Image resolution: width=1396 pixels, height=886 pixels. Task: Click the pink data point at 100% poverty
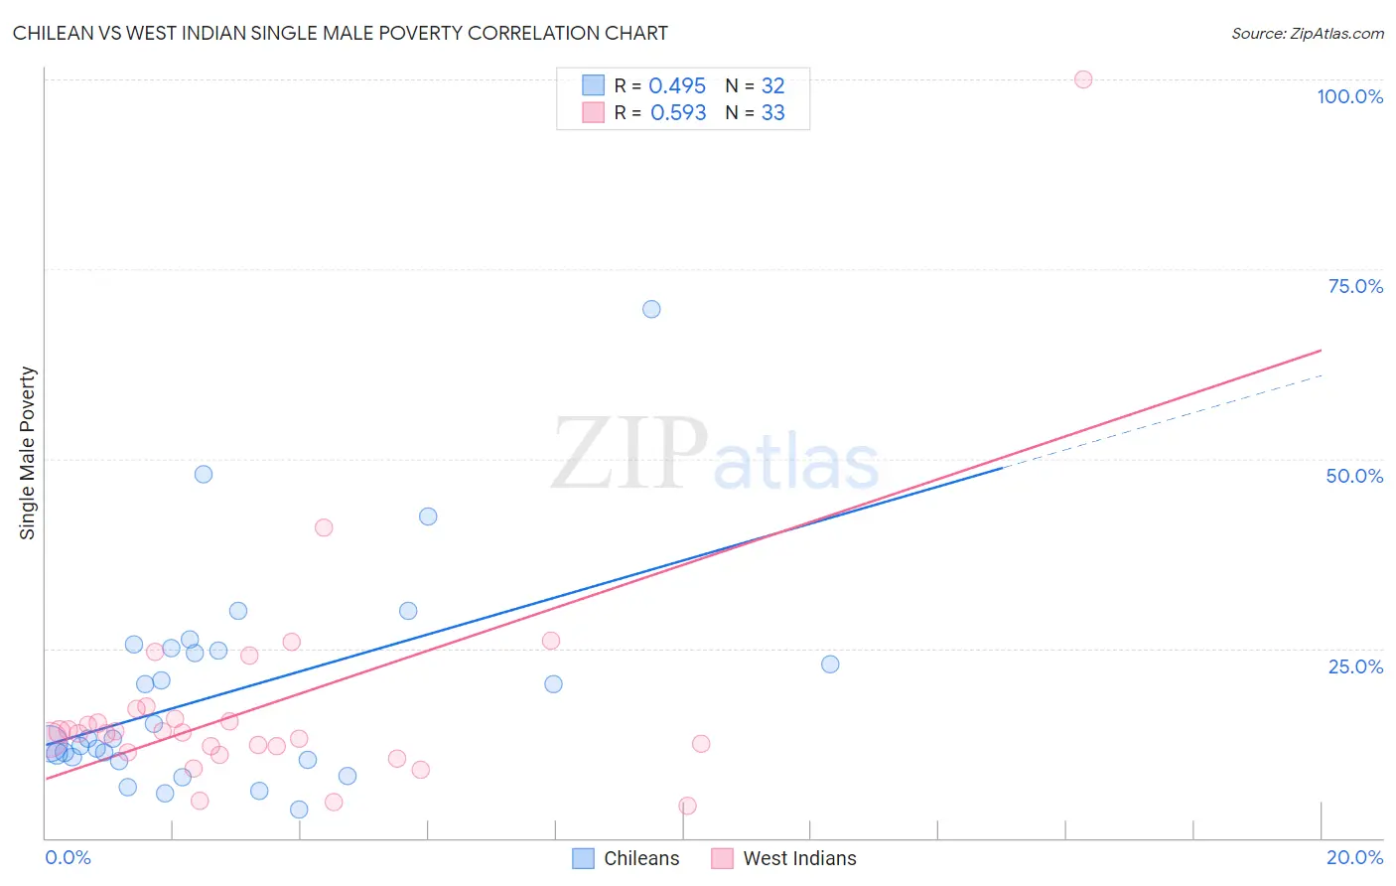pyautogui.click(x=1083, y=79)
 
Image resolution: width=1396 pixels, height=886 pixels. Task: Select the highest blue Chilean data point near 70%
pyautogui.click(x=651, y=309)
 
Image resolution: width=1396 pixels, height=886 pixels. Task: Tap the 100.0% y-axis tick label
pyautogui.click(x=1349, y=96)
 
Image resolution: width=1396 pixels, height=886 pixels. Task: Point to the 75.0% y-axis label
pyautogui.click(x=1355, y=286)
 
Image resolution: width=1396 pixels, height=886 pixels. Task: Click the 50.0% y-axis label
pyautogui.click(x=1354, y=476)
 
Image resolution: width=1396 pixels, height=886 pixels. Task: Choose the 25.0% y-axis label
pyautogui.click(x=1355, y=665)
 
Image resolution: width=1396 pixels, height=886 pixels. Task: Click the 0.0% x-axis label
pyautogui.click(x=68, y=857)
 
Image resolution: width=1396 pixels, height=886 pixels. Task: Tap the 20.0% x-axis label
pyautogui.click(x=1354, y=857)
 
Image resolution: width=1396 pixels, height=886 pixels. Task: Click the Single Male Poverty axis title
pyautogui.click(x=27, y=453)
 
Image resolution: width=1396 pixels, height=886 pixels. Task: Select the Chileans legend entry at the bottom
pyautogui.click(x=628, y=858)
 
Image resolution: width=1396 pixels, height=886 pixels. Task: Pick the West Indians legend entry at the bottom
pyautogui.click(x=785, y=858)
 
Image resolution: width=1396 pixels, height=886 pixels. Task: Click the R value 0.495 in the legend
pyautogui.click(x=677, y=86)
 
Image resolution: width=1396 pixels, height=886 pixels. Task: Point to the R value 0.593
pyautogui.click(x=678, y=113)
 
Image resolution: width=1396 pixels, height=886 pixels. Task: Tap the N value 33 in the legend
pyautogui.click(x=772, y=113)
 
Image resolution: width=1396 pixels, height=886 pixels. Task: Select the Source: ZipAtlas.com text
pyautogui.click(x=1307, y=34)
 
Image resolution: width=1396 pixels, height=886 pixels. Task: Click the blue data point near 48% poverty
pyautogui.click(x=204, y=474)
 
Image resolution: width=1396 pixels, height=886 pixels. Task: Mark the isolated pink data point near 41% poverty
pyautogui.click(x=324, y=527)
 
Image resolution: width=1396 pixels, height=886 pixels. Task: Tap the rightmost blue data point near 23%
pyautogui.click(x=830, y=664)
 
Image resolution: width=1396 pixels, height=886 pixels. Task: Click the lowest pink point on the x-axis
pyautogui.click(x=687, y=806)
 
